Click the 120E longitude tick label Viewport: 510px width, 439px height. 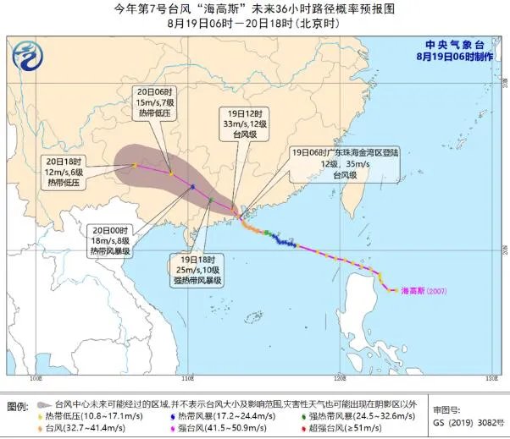338,376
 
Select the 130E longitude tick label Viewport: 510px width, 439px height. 488,376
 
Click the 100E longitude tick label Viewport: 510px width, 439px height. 36,376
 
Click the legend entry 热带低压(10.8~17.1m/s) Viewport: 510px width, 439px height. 94,417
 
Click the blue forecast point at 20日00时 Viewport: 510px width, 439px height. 193,187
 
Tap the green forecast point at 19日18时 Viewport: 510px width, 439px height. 210,200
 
